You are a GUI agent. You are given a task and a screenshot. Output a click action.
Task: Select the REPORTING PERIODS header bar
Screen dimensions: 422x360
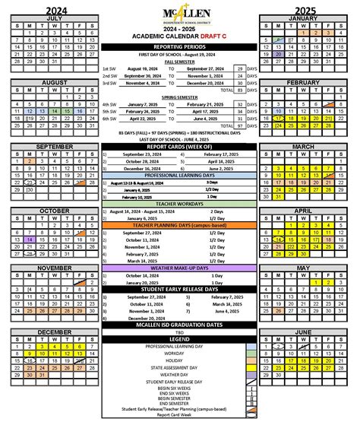[180, 47]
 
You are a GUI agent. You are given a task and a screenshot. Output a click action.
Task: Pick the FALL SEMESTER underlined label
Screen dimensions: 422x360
[180, 62]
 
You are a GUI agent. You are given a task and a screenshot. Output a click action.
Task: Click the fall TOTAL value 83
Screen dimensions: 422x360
[239, 90]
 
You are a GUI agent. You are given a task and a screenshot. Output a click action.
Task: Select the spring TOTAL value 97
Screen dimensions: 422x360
[239, 125]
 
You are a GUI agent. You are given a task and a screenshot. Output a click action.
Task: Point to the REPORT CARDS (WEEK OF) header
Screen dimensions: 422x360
[180, 147]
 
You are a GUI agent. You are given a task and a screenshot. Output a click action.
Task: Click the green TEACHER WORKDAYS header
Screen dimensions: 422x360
[180, 204]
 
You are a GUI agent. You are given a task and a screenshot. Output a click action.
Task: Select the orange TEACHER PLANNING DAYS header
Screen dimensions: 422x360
[180, 225]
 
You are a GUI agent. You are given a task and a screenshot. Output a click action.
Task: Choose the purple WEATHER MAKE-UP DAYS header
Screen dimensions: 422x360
[180, 268]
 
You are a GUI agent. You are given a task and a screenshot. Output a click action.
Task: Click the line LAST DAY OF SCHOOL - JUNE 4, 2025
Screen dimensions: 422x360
[180, 139]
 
